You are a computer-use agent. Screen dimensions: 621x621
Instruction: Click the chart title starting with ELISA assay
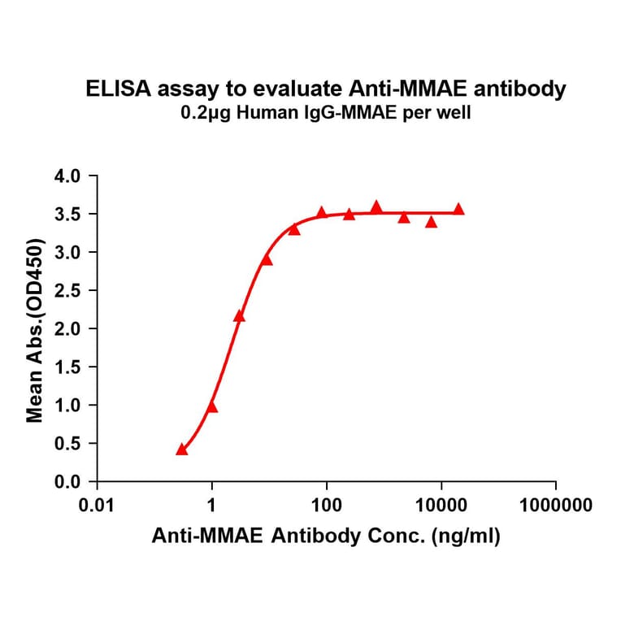(x=326, y=90)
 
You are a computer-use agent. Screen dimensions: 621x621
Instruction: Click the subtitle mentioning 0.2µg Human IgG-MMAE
(x=326, y=115)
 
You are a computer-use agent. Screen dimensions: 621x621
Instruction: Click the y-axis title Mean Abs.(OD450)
(x=35, y=330)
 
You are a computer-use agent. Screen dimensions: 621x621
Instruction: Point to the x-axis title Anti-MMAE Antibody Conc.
(x=326, y=536)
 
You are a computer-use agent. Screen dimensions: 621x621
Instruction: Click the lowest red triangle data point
(x=182, y=449)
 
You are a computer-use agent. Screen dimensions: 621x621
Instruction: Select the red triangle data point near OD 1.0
(x=212, y=406)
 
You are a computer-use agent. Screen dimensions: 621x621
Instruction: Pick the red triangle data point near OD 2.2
(x=239, y=315)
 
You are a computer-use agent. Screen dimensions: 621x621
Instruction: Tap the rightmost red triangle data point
(x=458, y=209)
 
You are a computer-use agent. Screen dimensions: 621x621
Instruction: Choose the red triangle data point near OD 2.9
(x=267, y=259)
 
